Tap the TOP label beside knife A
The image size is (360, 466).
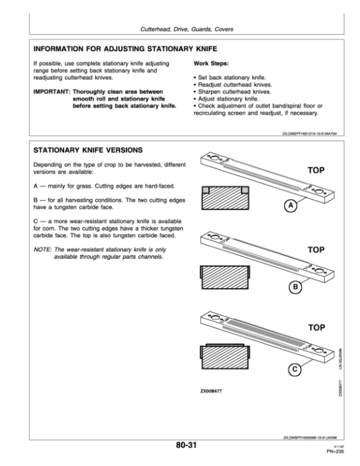[x=316, y=171]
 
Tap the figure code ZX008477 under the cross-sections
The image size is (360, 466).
[x=213, y=390]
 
